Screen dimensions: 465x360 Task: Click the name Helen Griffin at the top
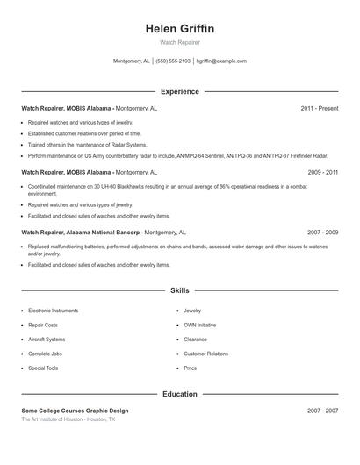click(x=180, y=29)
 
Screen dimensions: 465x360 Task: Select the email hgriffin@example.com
click(x=221, y=61)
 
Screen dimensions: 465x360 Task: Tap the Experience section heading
click(x=180, y=91)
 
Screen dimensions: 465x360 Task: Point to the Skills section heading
click(x=180, y=290)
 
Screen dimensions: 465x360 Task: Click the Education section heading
click(x=180, y=394)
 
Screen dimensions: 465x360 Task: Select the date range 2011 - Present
click(x=319, y=108)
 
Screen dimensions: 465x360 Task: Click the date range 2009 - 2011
click(x=322, y=173)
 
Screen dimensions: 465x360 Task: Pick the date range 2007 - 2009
click(x=322, y=232)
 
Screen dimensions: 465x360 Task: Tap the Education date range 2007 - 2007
click(x=322, y=411)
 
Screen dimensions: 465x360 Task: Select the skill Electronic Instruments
click(x=53, y=311)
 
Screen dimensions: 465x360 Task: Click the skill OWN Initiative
click(x=199, y=325)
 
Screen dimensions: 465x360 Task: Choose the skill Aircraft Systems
click(x=47, y=340)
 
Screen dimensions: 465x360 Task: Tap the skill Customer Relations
click(x=205, y=354)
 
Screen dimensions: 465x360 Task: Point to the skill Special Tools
click(x=43, y=368)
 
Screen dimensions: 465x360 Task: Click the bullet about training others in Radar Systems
click(x=87, y=144)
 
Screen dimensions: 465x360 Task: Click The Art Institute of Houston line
click(x=68, y=419)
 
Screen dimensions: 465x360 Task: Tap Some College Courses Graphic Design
click(x=75, y=411)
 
